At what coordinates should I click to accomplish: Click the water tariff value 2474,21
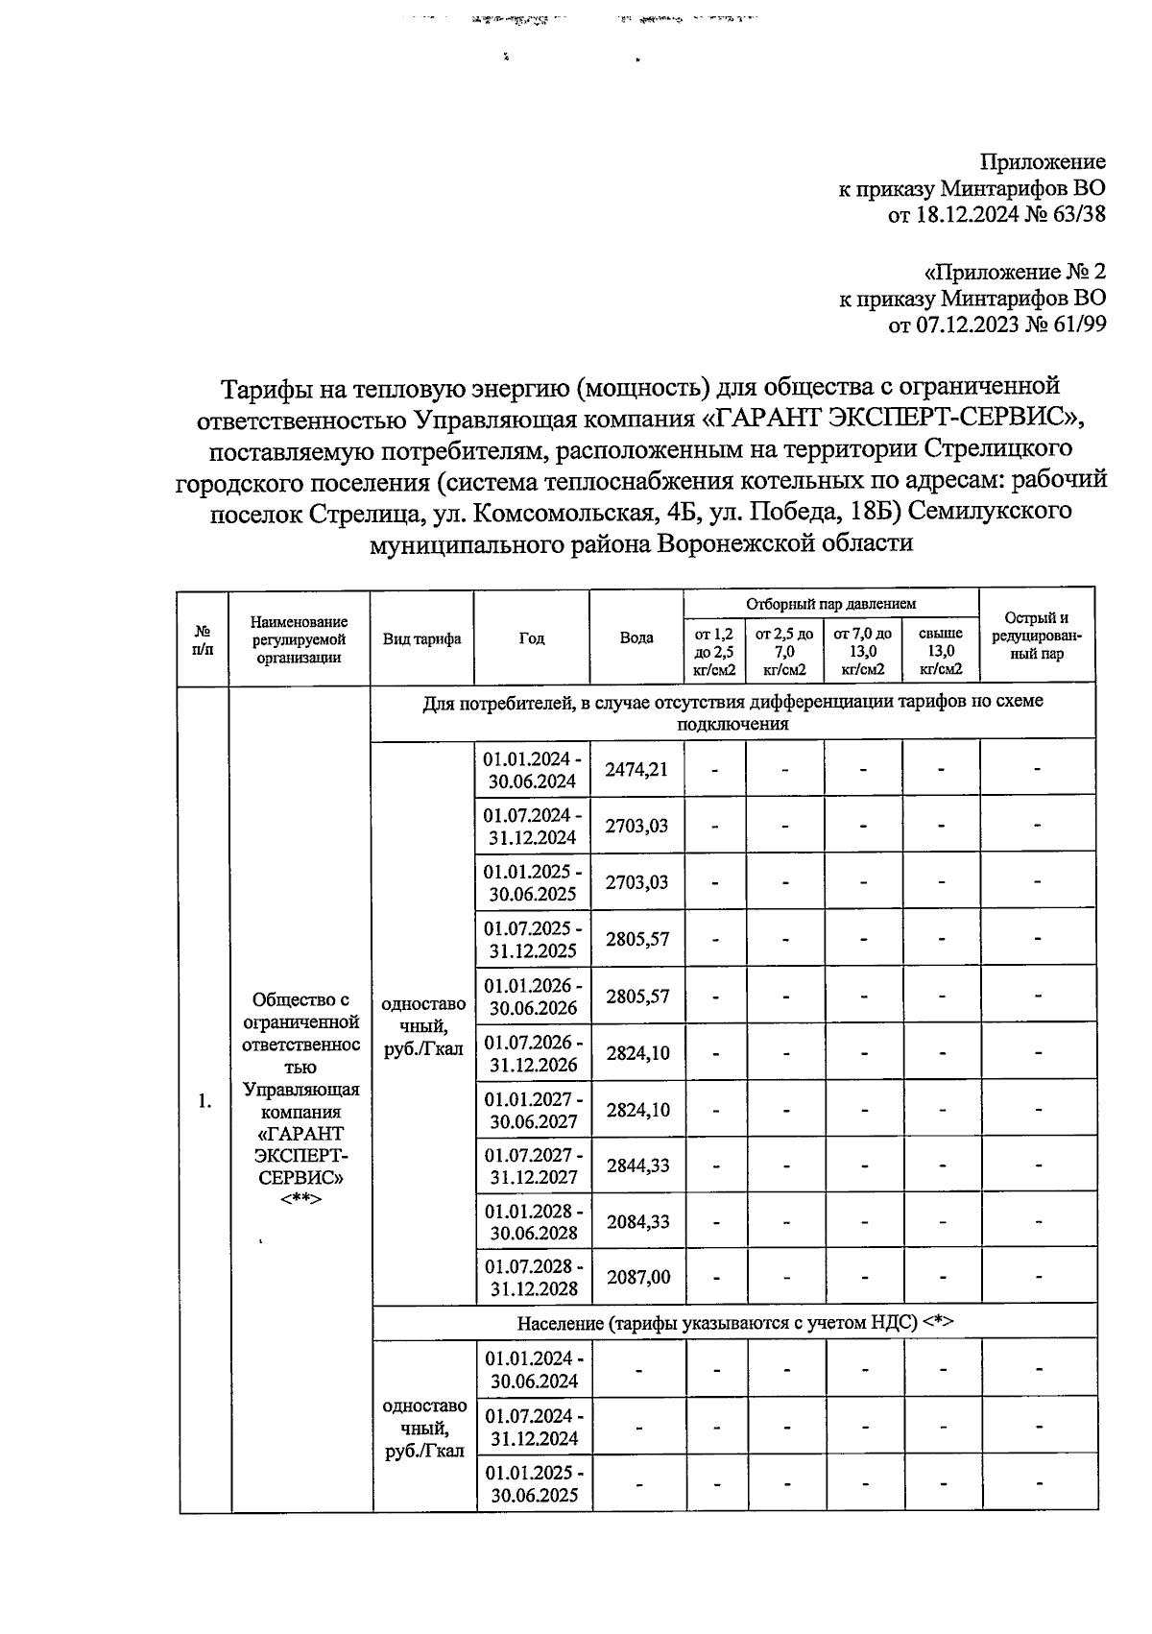click(x=636, y=769)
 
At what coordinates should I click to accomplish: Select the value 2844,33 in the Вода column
click(x=636, y=1165)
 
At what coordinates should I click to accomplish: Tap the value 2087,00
click(x=636, y=1278)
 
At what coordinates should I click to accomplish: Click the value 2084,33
click(x=636, y=1222)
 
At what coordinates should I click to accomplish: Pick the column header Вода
click(x=636, y=637)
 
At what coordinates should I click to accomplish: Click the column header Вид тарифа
click(x=422, y=638)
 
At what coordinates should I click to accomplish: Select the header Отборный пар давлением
click(x=830, y=604)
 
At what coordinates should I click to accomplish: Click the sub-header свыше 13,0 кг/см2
click(x=940, y=652)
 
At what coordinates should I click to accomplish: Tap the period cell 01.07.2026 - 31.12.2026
click(x=533, y=1053)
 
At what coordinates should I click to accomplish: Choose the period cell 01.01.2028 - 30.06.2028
click(x=533, y=1222)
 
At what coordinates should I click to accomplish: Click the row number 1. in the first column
click(x=204, y=1101)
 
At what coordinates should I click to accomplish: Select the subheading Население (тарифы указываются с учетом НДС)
click(x=734, y=1323)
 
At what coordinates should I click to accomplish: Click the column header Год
click(x=532, y=638)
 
